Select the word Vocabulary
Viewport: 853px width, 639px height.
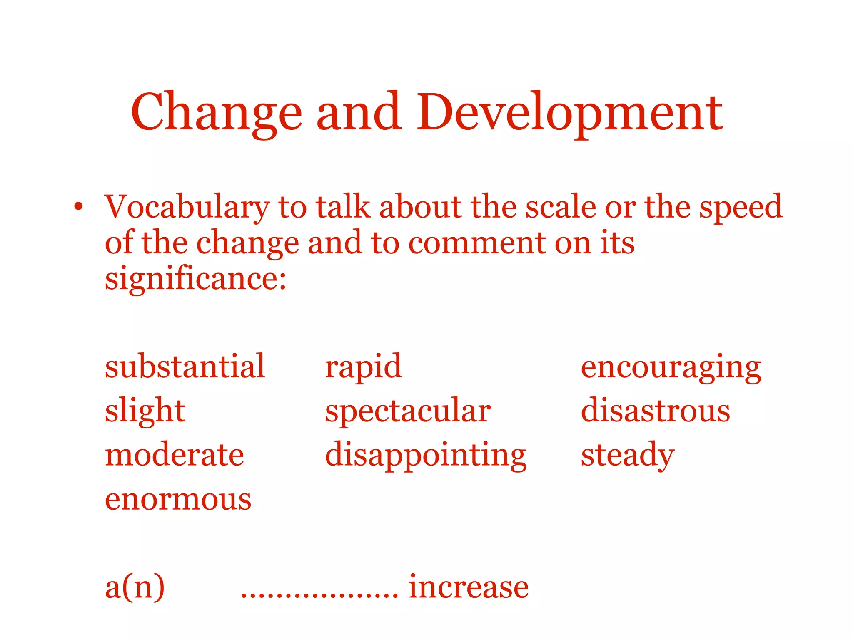pyautogui.click(x=187, y=207)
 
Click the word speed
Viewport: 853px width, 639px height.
pyautogui.click(x=741, y=207)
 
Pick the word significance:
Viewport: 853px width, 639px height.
pyautogui.click(x=196, y=279)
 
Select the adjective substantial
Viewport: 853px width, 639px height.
pyautogui.click(x=185, y=367)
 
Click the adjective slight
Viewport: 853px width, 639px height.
pyautogui.click(x=145, y=411)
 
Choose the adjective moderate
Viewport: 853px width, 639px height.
pyautogui.click(x=175, y=455)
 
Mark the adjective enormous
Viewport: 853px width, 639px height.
pyautogui.click(x=178, y=499)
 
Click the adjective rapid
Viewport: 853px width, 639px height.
pyautogui.click(x=363, y=367)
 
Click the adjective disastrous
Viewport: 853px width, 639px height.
pyautogui.click(x=656, y=411)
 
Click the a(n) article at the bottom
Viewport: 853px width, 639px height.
pyautogui.click(x=135, y=587)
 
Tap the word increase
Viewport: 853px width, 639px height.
pyautogui.click(x=469, y=587)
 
